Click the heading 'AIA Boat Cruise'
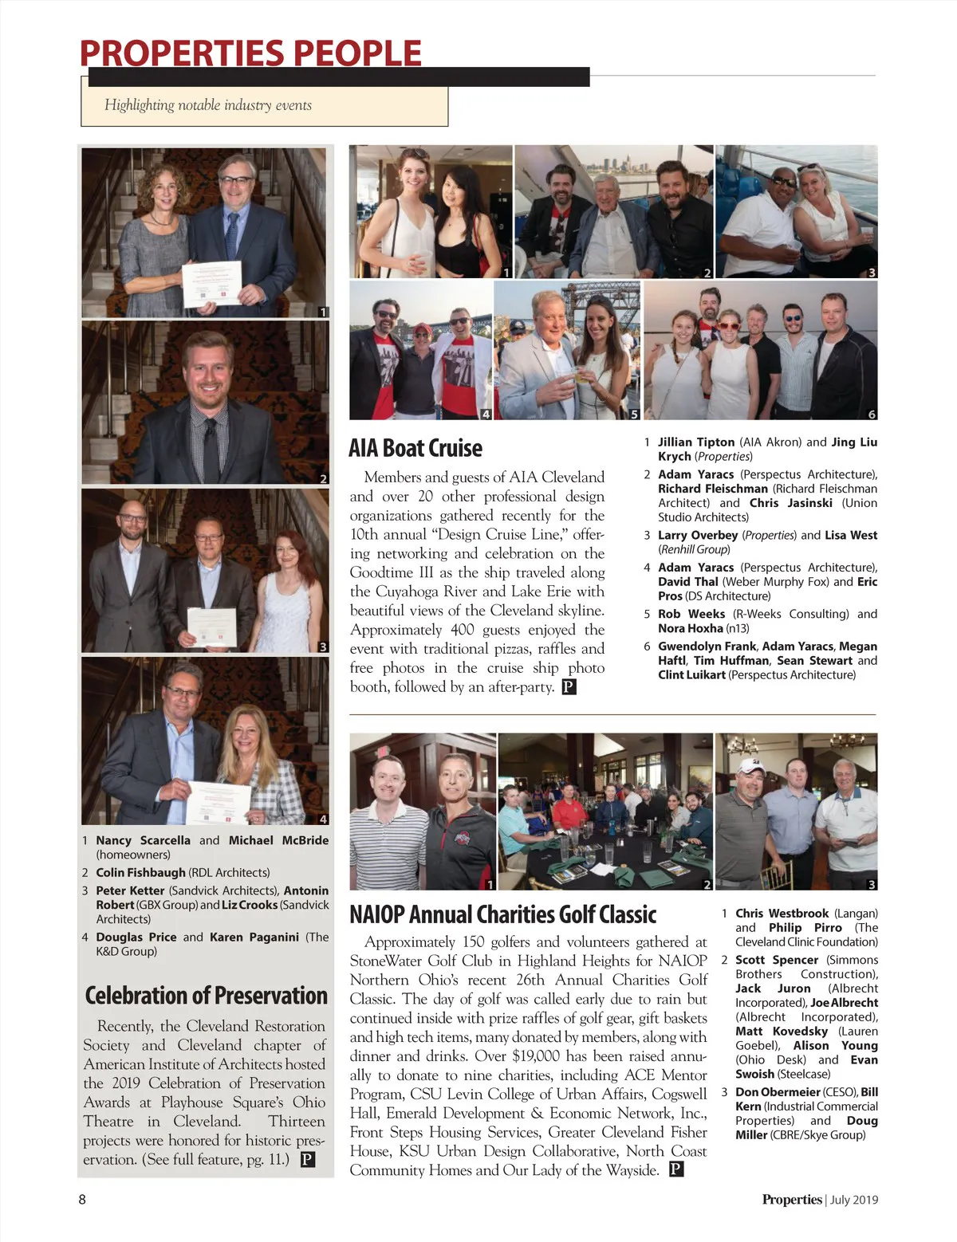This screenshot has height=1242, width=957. pyautogui.click(x=415, y=448)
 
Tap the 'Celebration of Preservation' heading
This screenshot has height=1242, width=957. pyautogui.click(x=206, y=996)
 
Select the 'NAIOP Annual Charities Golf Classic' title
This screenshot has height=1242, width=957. pyautogui.click(x=502, y=914)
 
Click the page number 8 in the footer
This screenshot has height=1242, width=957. pyautogui.click(x=82, y=1199)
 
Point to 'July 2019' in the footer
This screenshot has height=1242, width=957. pyautogui.click(x=853, y=1200)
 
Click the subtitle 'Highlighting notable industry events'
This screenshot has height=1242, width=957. pyautogui.click(x=208, y=105)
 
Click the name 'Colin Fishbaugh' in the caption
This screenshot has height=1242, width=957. pyautogui.click(x=140, y=872)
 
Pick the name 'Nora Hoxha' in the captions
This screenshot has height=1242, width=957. pyautogui.click(x=690, y=628)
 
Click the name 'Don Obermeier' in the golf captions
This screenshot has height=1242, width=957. pyautogui.click(x=778, y=1091)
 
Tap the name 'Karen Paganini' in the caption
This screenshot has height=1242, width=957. pyautogui.click(x=254, y=937)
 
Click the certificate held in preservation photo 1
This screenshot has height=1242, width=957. pyautogui.click(x=211, y=283)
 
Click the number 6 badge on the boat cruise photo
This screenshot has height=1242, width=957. pyautogui.click(x=871, y=414)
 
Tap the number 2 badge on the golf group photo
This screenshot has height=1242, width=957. pyautogui.click(x=707, y=884)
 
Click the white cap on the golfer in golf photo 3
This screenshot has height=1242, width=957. pyautogui.click(x=751, y=766)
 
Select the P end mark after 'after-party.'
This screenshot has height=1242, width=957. pyautogui.click(x=569, y=687)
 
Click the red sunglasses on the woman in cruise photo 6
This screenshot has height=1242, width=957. pyautogui.click(x=729, y=326)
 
